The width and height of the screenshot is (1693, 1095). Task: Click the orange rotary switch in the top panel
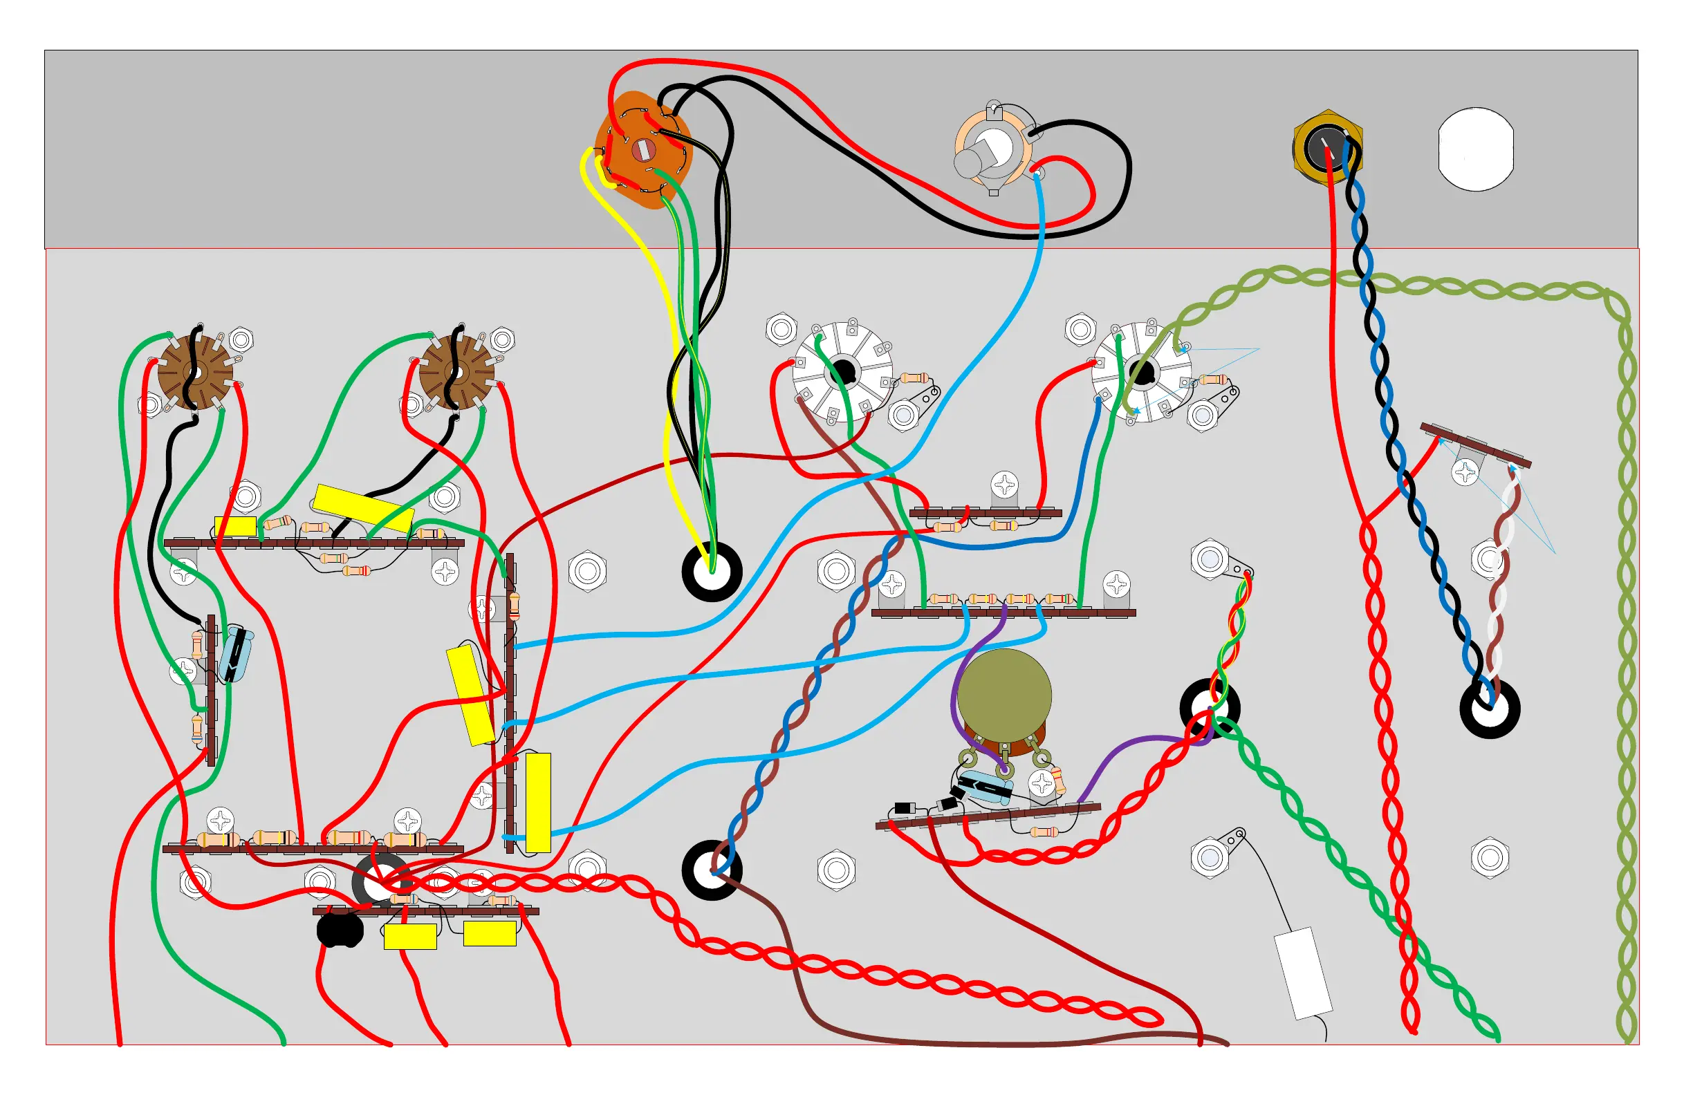(642, 150)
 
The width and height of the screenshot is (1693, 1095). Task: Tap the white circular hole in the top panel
(1475, 149)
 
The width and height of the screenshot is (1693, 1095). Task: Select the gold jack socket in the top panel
(1326, 147)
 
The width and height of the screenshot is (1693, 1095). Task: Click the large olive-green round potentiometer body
(1003, 695)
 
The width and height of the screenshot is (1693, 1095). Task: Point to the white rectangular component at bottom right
(1302, 973)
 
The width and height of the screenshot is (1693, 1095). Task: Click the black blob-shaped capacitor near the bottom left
(340, 930)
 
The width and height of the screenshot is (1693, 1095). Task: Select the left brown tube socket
(195, 373)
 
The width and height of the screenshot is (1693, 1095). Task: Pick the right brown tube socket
(456, 373)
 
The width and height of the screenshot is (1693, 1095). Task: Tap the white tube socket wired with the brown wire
(842, 372)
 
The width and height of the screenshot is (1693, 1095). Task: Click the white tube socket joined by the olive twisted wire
(1141, 372)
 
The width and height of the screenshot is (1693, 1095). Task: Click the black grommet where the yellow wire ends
(712, 571)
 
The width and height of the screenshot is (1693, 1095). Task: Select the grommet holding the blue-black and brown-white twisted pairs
(1490, 708)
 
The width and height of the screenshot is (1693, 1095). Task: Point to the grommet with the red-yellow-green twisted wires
(1210, 708)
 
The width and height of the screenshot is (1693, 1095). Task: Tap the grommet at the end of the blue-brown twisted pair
(712, 870)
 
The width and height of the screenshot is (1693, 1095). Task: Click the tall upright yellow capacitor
(538, 803)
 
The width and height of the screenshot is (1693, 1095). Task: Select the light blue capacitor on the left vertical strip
(235, 655)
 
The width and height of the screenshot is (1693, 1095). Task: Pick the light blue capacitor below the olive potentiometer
(986, 789)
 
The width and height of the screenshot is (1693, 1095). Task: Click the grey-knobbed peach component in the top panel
(992, 150)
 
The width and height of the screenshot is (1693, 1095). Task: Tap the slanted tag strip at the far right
(1475, 446)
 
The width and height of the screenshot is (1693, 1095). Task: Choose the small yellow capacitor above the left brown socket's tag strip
(235, 527)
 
